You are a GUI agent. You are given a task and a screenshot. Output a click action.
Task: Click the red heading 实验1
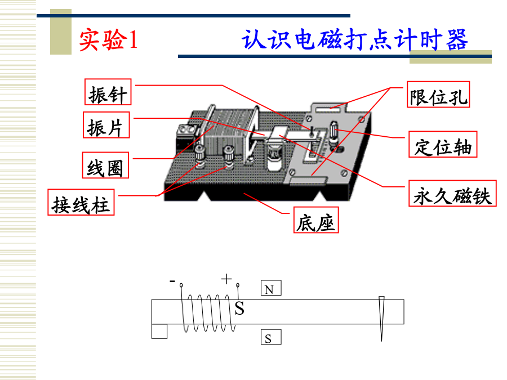click(x=109, y=40)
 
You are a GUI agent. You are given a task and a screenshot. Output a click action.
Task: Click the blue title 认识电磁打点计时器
click(x=355, y=40)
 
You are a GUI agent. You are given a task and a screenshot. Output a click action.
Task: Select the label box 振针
click(x=108, y=92)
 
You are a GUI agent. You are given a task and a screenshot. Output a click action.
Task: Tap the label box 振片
click(x=106, y=125)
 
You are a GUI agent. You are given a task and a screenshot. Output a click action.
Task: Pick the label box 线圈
click(x=105, y=165)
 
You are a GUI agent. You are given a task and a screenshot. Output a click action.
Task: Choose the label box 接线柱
click(x=81, y=202)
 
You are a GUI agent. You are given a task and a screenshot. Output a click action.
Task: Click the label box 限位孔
click(x=438, y=95)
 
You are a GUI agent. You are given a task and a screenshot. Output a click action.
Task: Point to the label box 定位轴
click(x=443, y=144)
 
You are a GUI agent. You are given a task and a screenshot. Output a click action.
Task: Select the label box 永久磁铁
click(x=452, y=193)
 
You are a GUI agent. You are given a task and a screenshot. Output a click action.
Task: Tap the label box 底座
click(x=316, y=220)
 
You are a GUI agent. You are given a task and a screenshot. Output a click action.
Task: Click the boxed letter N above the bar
click(x=271, y=288)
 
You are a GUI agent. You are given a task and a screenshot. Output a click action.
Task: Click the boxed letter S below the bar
click(x=271, y=337)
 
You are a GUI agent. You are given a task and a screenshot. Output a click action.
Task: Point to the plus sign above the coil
click(x=226, y=279)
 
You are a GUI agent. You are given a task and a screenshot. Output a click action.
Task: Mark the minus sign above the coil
click(x=172, y=281)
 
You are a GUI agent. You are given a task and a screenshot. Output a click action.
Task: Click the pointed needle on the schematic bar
click(x=381, y=319)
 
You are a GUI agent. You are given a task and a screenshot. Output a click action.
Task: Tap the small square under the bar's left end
click(x=159, y=331)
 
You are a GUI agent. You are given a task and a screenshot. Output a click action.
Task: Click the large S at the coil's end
click(x=239, y=309)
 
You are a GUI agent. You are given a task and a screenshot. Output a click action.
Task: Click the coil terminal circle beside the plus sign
click(x=238, y=285)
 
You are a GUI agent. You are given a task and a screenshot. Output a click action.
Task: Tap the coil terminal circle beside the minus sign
click(x=181, y=285)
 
